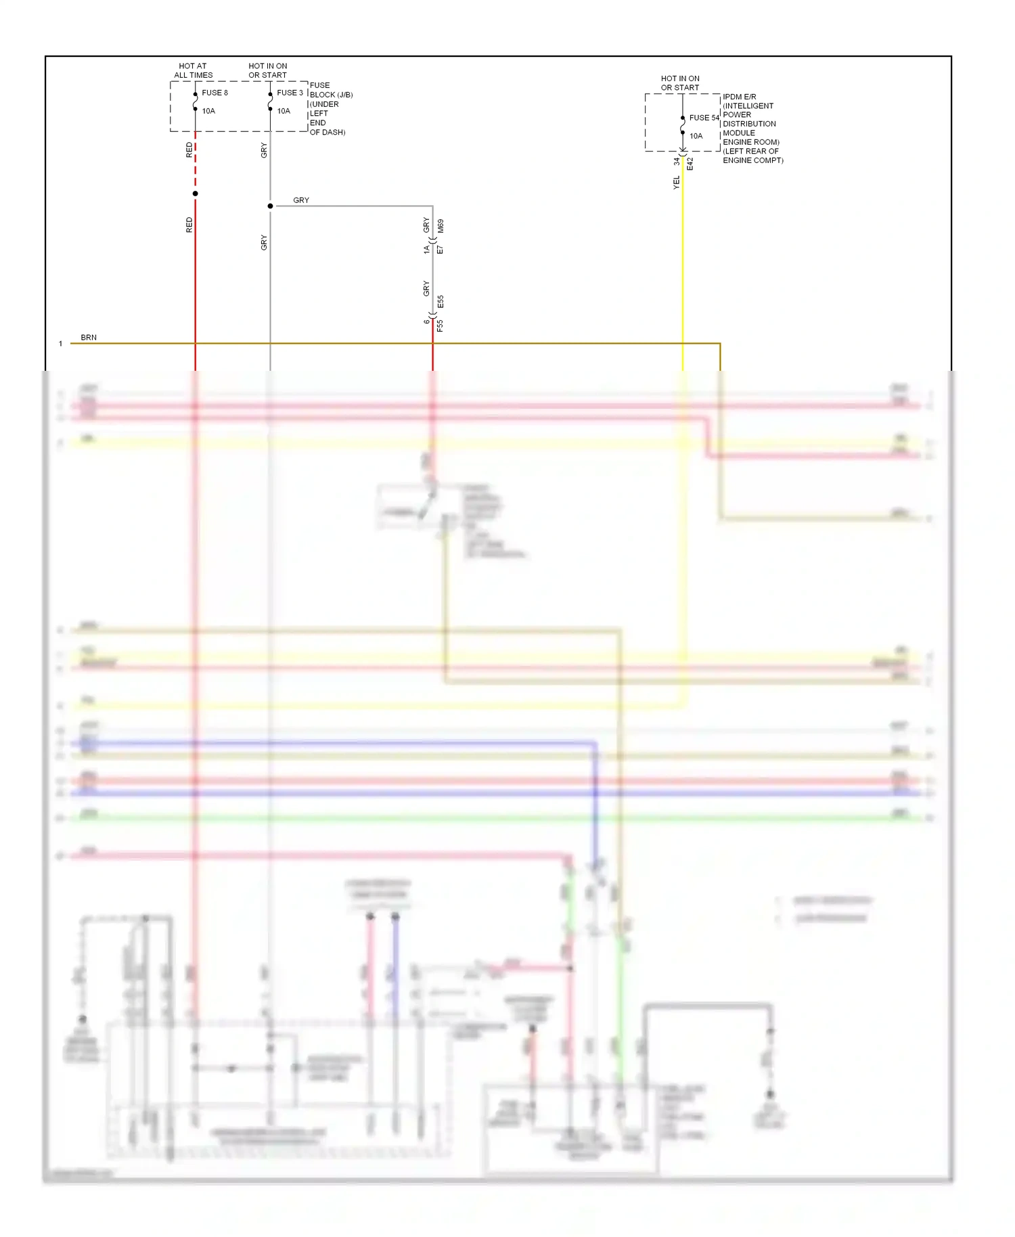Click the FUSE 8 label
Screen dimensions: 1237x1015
[x=215, y=93]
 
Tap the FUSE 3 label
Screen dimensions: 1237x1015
[x=290, y=93]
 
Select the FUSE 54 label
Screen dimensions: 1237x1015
[x=704, y=118]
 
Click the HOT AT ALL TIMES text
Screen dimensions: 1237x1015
[x=193, y=70]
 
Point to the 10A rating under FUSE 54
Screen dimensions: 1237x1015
[x=696, y=136]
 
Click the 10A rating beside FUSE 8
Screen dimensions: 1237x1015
[x=208, y=111]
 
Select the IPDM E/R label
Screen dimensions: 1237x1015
[x=739, y=97]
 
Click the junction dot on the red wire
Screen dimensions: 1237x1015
[x=196, y=194]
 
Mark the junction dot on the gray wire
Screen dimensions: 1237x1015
[x=271, y=206]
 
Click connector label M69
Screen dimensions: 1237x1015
[x=441, y=226]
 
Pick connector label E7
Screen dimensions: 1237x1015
[x=441, y=250]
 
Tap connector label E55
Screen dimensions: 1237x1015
[x=441, y=301]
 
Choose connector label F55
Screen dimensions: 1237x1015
[x=441, y=325]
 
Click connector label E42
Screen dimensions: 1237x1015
[x=690, y=164]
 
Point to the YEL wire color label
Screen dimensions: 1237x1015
[x=676, y=182]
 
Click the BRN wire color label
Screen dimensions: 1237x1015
[x=89, y=337]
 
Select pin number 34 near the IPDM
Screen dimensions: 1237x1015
[x=676, y=161]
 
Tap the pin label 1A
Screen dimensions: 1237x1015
[x=426, y=250]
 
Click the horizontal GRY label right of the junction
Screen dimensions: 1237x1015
[x=301, y=200]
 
